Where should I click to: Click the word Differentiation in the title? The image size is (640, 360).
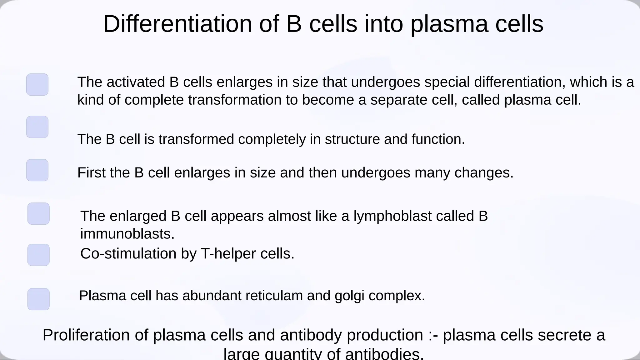click(x=177, y=24)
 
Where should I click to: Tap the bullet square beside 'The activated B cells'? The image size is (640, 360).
click(x=37, y=85)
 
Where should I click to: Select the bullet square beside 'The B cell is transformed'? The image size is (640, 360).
click(x=37, y=127)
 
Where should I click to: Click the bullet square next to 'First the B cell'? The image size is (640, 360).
click(x=37, y=170)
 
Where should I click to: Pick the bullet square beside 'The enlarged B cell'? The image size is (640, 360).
click(x=38, y=214)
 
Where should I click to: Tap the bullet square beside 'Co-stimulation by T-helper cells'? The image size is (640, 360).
click(x=38, y=255)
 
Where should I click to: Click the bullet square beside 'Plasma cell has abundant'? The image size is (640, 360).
click(x=38, y=299)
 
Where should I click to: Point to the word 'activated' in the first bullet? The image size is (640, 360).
click(x=136, y=82)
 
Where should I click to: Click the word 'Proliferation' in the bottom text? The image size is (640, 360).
click(x=86, y=335)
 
